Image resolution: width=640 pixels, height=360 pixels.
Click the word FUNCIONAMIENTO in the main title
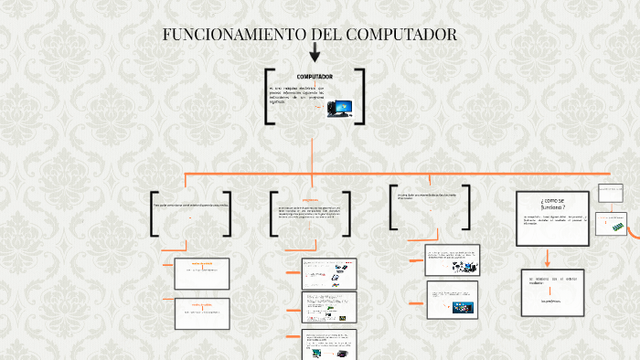234,35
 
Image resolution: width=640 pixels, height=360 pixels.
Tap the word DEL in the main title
327,35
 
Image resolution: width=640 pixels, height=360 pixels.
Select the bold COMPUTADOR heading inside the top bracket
314,76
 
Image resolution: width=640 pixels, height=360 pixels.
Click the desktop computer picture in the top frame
340,109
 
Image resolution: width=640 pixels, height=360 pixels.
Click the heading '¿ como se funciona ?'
553,204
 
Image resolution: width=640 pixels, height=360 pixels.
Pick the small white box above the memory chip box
610,192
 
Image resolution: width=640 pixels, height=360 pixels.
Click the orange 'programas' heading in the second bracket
310,200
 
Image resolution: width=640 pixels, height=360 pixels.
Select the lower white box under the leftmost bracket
201,312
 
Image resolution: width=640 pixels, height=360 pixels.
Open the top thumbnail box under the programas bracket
329,271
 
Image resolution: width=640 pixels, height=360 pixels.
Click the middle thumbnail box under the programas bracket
329,306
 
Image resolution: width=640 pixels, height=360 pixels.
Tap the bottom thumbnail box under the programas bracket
329,343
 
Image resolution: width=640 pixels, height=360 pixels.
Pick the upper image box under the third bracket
452,259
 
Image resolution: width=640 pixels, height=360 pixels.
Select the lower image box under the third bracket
452,299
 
